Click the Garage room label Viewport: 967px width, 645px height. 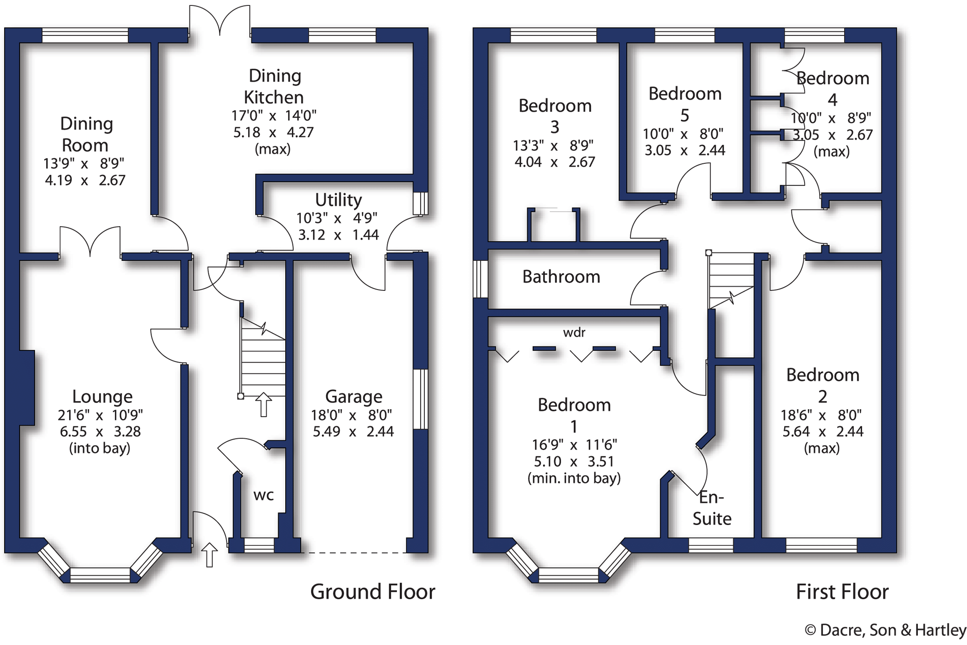click(x=353, y=397)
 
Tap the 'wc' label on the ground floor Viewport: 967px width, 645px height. click(x=263, y=495)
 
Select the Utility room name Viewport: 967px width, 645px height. click(x=338, y=200)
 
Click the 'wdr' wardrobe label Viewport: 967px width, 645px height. click(x=574, y=333)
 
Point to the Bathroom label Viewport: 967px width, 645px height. click(x=561, y=277)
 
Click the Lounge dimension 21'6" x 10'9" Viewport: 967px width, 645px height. click(x=100, y=415)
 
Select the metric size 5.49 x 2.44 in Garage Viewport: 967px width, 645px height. click(x=353, y=432)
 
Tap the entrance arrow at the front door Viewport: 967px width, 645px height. click(x=209, y=554)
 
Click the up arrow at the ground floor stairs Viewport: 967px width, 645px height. click(x=263, y=404)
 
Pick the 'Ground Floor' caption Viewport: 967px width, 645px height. click(x=373, y=592)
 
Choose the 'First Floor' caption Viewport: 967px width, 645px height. click(x=842, y=592)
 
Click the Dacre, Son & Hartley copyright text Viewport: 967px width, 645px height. click(x=885, y=630)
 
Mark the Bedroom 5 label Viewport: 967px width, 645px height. click(x=685, y=104)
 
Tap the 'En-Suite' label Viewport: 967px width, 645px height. click(x=712, y=508)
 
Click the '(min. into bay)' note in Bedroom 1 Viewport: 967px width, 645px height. click(x=574, y=478)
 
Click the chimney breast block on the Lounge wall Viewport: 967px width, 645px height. click(x=27, y=387)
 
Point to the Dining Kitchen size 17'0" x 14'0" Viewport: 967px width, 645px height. click(x=274, y=116)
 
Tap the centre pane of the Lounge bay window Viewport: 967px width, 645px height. click(x=100, y=575)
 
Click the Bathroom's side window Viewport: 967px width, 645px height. click(x=480, y=279)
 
